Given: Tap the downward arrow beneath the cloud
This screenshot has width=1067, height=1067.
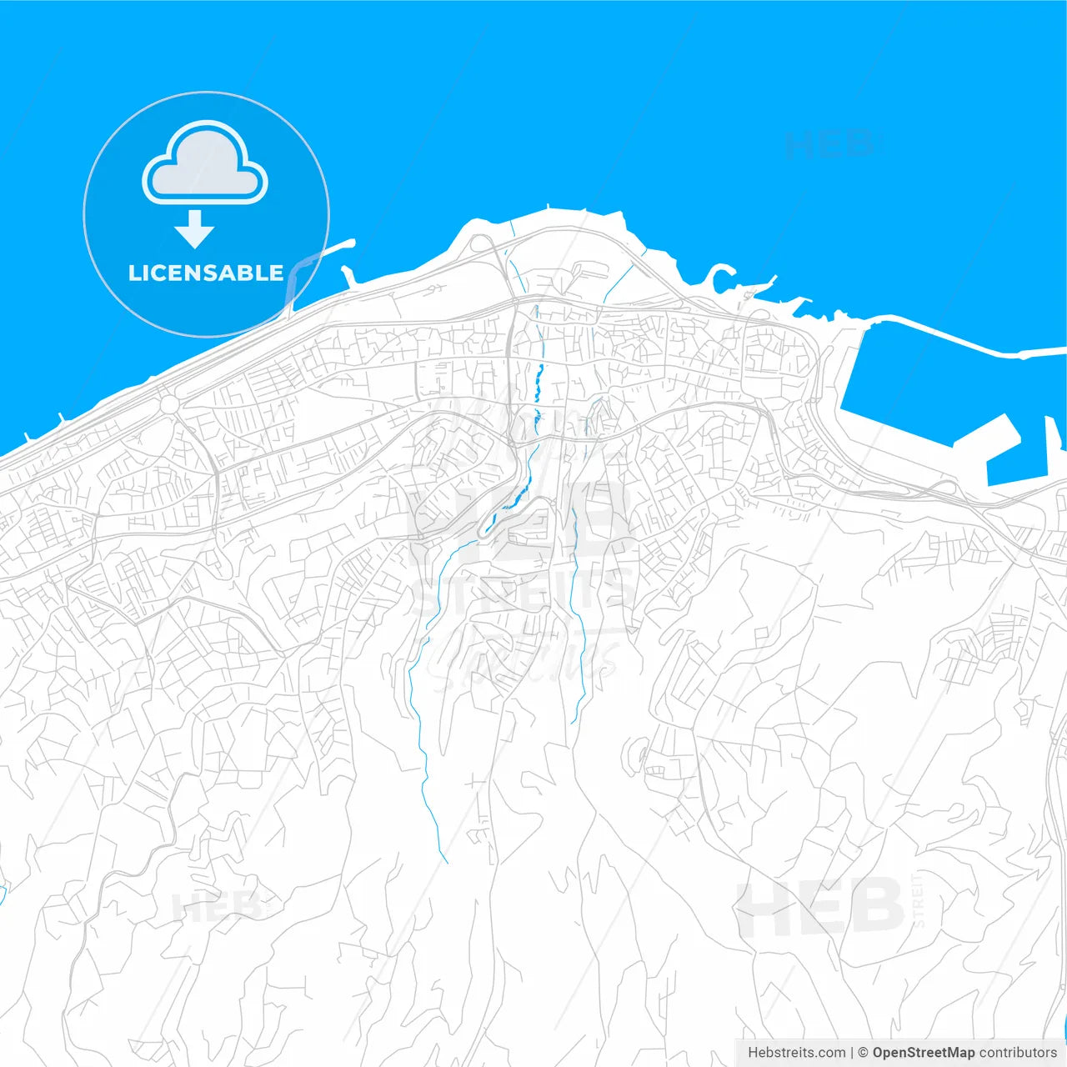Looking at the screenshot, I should (195, 229).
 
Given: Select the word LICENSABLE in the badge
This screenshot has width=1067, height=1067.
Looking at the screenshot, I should (206, 273).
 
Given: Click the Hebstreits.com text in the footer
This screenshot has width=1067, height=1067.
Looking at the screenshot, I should (796, 1053).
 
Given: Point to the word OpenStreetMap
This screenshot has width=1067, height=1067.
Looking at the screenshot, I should (923, 1053).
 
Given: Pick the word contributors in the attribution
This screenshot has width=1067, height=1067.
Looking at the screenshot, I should (1017, 1053).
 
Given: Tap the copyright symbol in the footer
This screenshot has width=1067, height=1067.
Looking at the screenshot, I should (863, 1053).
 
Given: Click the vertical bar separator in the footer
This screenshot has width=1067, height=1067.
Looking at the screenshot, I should (851, 1053).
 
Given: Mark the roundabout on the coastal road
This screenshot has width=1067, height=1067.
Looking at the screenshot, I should (169, 404).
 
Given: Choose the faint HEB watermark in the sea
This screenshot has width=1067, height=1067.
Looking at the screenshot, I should (829, 144).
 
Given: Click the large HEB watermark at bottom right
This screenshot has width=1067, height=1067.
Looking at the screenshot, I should (821, 909).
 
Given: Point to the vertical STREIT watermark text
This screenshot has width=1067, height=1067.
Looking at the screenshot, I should (919, 900).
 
